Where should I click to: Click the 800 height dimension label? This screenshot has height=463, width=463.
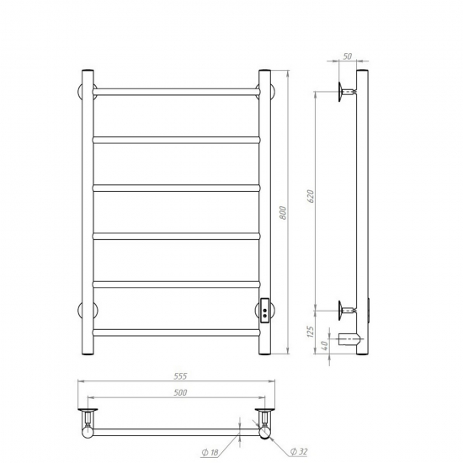point(283,213)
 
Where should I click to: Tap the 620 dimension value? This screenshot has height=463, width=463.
point(311,196)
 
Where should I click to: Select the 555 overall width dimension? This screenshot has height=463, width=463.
point(180,376)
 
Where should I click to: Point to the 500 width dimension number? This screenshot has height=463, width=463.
point(180,392)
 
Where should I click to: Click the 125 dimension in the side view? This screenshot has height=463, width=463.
point(311,333)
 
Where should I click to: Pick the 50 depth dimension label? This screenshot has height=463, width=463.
point(348,56)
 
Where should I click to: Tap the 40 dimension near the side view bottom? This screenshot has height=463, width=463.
point(324,344)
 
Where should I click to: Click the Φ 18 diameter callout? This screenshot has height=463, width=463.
point(210,452)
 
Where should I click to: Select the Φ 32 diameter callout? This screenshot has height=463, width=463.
point(299,451)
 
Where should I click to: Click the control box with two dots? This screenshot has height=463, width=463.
point(264,311)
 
